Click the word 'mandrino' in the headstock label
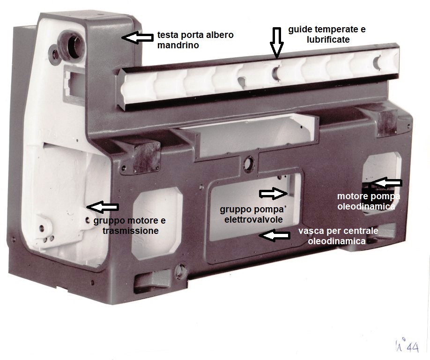[x=178, y=45]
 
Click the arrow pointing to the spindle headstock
[x=137, y=37]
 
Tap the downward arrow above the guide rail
[x=276, y=43]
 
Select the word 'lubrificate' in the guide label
[x=328, y=39]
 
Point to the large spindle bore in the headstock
[x=73, y=44]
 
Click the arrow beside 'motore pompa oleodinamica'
[x=386, y=183]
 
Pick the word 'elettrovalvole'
[x=253, y=219]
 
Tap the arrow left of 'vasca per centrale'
[x=274, y=236]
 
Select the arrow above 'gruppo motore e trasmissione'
[x=103, y=207]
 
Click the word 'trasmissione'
[x=131, y=231]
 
